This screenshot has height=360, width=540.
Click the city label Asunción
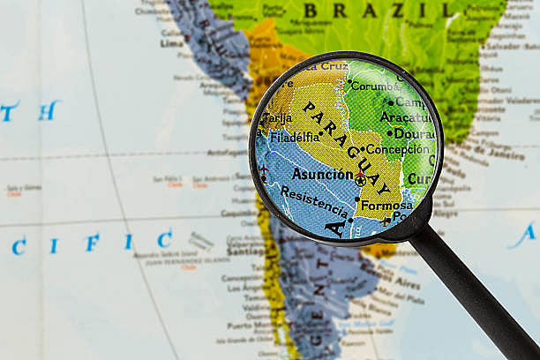[322, 174]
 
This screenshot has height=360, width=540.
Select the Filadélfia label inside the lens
[295, 137]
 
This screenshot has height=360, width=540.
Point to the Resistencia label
[314, 200]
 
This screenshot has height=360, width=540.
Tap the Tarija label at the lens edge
[275, 117]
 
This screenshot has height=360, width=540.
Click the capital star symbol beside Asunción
[360, 180]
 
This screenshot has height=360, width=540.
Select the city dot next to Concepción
[362, 149]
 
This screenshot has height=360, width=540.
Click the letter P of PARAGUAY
[308, 108]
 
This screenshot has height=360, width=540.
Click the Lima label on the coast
[172, 42]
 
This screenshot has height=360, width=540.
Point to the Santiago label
[244, 251]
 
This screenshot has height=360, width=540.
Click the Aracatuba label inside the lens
[407, 117]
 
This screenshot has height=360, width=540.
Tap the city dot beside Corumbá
[347, 86]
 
